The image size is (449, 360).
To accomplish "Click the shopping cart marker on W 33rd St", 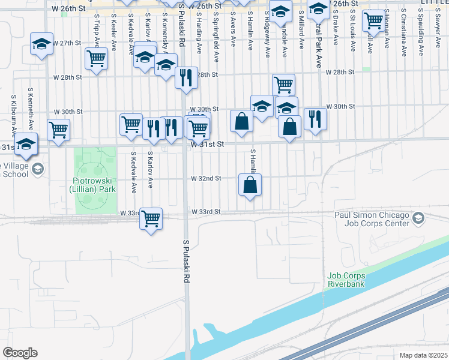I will point(151,218).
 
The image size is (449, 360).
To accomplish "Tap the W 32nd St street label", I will point(206,178).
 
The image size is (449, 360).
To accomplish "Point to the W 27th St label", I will point(66,43).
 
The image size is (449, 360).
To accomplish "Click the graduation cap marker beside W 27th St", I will point(41,44).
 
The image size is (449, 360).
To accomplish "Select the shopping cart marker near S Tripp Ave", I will point(96,59).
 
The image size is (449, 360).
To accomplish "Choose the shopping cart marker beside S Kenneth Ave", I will point(58,129).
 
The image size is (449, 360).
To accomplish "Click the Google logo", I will point(20,352).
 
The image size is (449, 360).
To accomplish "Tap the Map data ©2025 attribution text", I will point(423,355).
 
